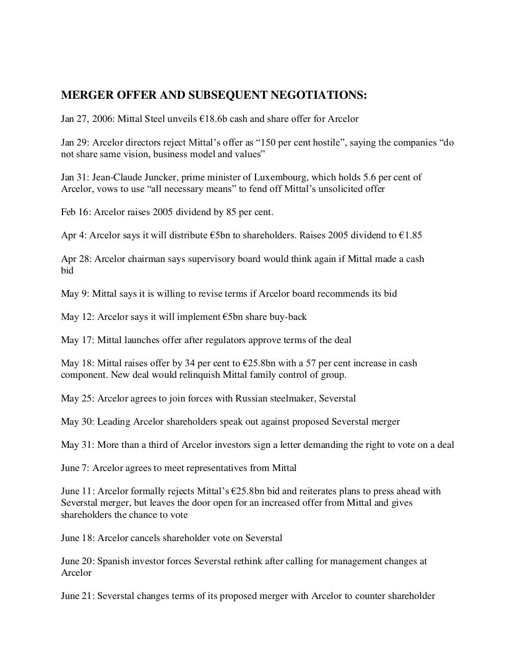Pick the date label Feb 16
pyautogui.click(x=74, y=212)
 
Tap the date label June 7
pyautogui.click(x=75, y=468)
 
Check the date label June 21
pyautogui.click(x=77, y=596)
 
